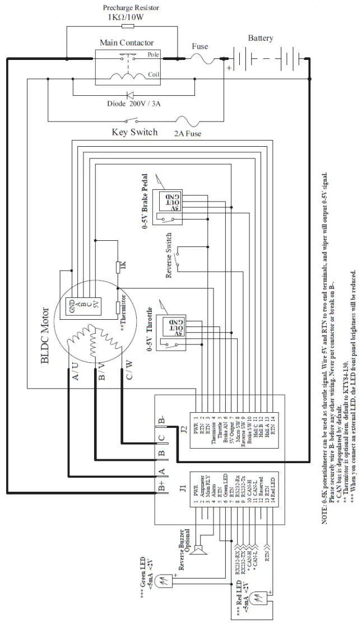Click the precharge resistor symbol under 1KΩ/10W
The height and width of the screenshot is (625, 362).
[x=127, y=26]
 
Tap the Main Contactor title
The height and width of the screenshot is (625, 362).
[x=127, y=43]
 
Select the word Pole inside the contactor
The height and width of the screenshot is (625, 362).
[x=153, y=55]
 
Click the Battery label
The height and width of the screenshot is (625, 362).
[x=261, y=38]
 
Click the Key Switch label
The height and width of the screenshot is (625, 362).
[x=134, y=133]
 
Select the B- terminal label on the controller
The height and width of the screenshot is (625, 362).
[x=161, y=420]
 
